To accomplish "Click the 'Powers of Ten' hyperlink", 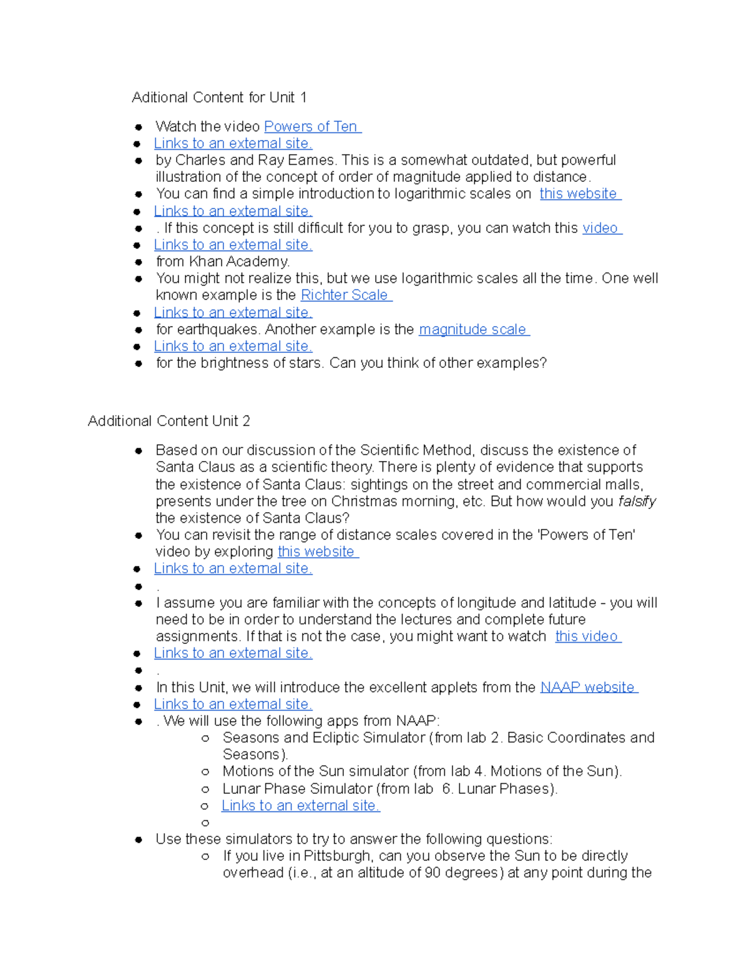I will click(x=311, y=127).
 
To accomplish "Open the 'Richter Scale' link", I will click(x=345, y=295).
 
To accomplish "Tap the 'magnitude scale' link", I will click(x=472, y=330).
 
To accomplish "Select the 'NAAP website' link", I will click(x=587, y=688).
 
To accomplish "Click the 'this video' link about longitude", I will click(x=587, y=636).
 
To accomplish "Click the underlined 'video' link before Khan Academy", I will click(x=600, y=229).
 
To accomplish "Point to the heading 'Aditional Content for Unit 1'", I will click(x=219, y=97).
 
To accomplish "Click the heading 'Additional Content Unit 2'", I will click(x=169, y=421).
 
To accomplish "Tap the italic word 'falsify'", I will click(x=637, y=502).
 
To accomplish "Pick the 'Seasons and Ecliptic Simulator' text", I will click(x=323, y=738).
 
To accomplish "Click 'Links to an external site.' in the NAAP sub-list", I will click(x=300, y=806).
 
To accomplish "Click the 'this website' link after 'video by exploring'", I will click(x=316, y=552).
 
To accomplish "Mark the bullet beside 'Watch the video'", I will click(x=139, y=127).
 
